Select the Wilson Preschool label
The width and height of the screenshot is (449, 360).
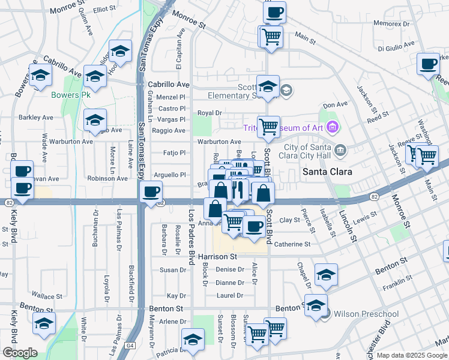pos(358,314)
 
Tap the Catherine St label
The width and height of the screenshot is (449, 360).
pos(292,244)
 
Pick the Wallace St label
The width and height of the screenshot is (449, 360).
pos(47,296)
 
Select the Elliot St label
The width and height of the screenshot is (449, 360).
pos(103,9)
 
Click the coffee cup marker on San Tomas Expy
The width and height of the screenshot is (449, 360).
pos(151,193)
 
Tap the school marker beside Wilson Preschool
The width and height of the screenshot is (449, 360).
pos(316,305)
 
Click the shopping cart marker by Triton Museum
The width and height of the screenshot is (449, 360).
pos(268,127)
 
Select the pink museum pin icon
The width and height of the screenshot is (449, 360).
pos(334,127)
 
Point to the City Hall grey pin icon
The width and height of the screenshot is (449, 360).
pos(340,149)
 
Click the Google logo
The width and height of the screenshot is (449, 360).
pos(20,353)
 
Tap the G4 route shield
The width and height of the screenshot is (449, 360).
pos(130,346)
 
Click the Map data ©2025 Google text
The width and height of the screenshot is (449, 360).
pos(411,355)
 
